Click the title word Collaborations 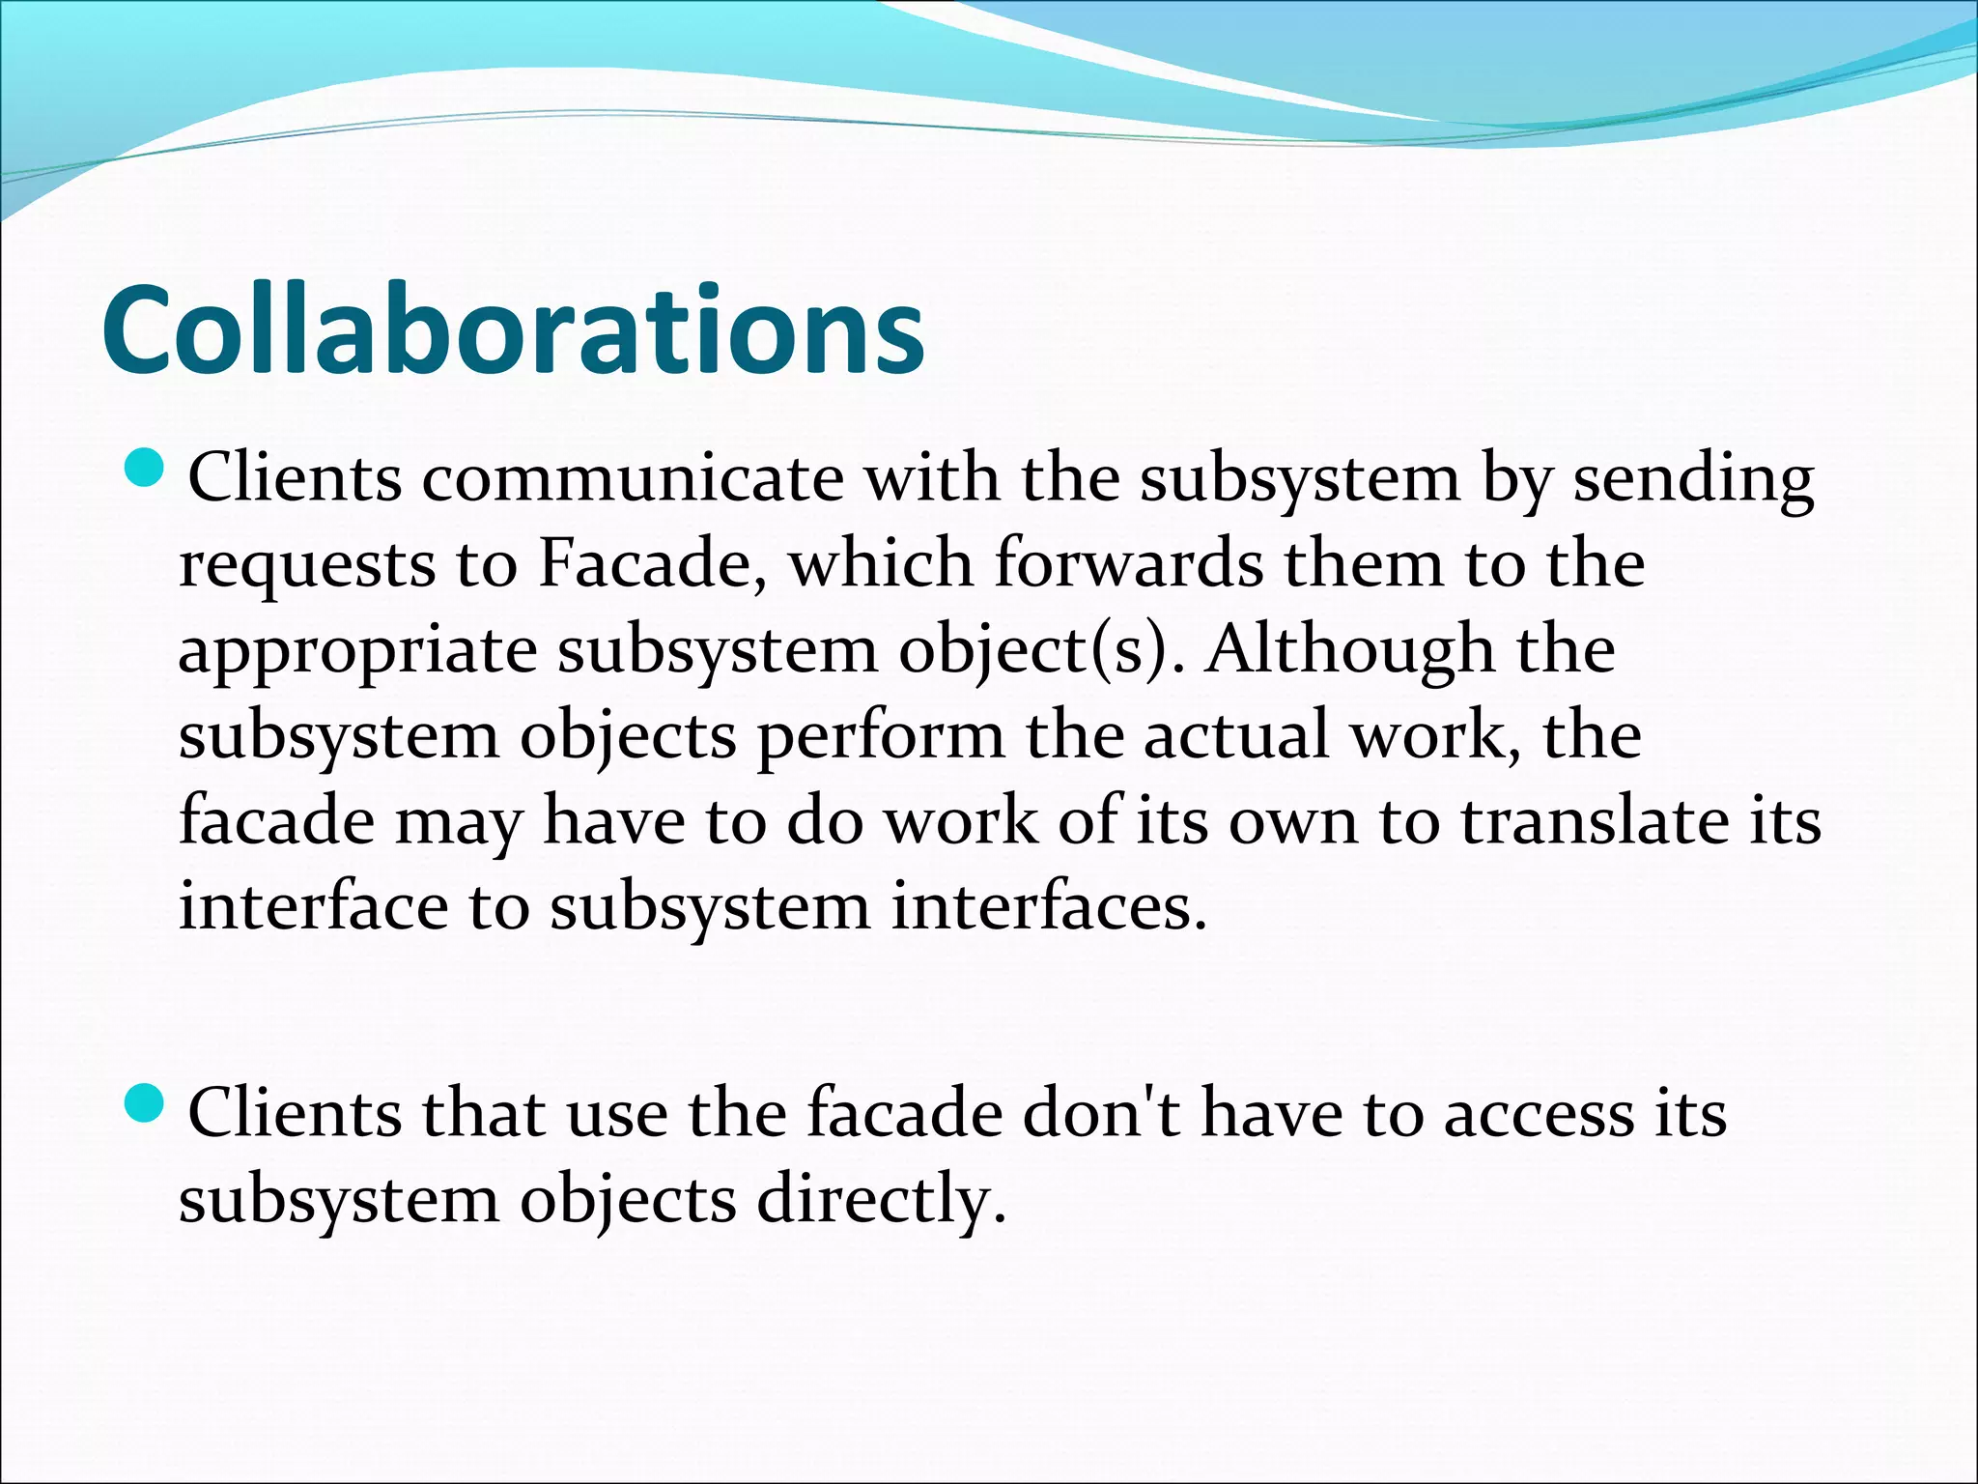513,330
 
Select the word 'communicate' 632,478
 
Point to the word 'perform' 880,737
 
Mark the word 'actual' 1235,735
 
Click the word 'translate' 1594,821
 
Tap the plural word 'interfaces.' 1049,907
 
